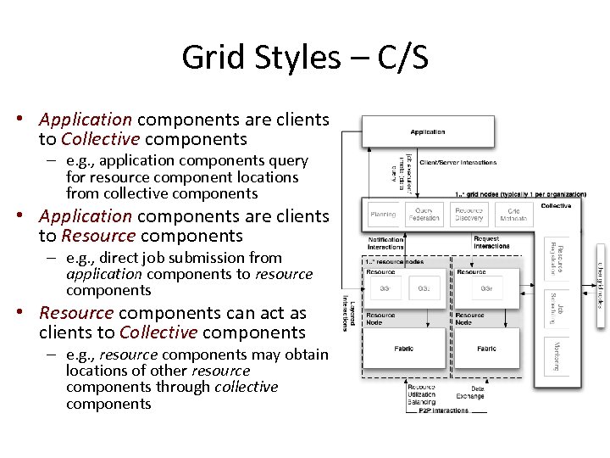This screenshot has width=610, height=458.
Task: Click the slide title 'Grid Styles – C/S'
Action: [305, 58]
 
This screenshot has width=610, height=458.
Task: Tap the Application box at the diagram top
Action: [428, 132]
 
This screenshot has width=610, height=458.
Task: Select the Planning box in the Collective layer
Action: [383, 215]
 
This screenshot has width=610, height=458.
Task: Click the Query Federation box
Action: [424, 215]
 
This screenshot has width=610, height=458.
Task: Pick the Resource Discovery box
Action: [469, 215]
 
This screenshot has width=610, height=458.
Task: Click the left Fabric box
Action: [404, 349]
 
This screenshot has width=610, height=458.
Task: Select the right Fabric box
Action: [486, 349]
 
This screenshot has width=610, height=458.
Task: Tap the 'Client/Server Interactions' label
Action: [457, 162]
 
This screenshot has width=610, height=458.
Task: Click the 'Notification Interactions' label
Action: [385, 243]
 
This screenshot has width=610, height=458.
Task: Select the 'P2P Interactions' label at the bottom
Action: [443, 411]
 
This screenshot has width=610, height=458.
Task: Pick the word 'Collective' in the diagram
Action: [556, 205]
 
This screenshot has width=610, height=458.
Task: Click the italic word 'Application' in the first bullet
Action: [86, 120]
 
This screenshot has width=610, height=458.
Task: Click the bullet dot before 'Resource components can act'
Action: [28, 313]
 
